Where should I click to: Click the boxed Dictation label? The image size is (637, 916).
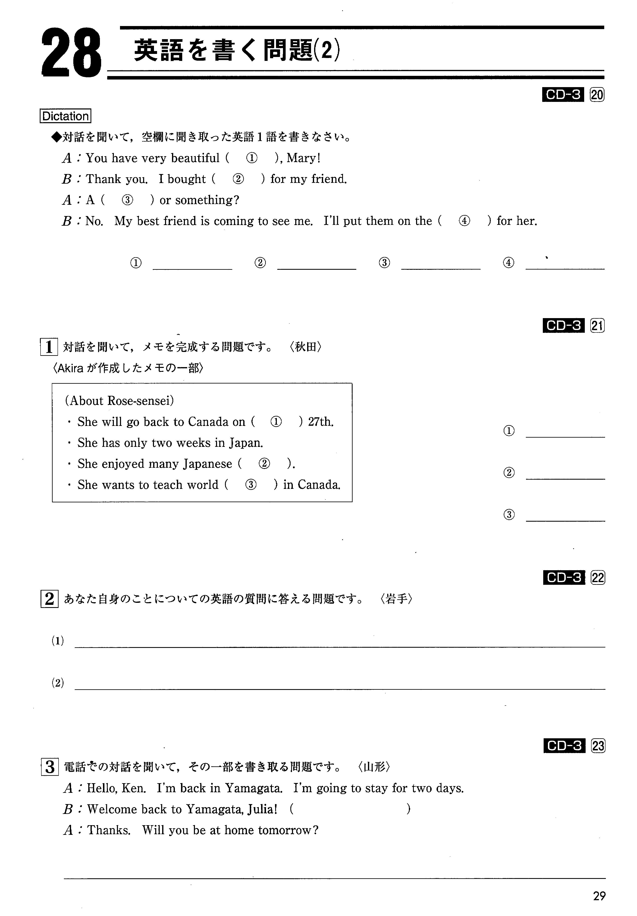tap(65, 116)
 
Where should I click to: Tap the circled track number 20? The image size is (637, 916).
tap(597, 95)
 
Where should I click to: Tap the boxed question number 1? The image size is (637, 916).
tap(49, 347)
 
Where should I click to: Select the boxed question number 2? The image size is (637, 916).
tap(49, 599)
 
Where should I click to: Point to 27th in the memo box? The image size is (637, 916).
tap(320, 422)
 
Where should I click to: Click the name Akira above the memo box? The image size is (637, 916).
tap(71, 368)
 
